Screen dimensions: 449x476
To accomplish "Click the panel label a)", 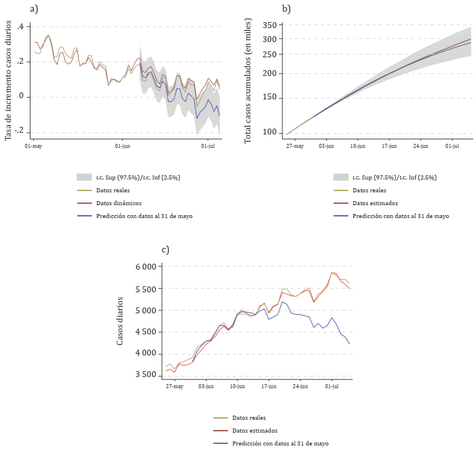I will click(x=33, y=9).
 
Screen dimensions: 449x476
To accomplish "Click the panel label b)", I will click(x=286, y=9).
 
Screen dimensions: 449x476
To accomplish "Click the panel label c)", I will click(x=165, y=250).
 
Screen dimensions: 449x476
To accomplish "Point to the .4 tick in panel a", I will click(x=20, y=27).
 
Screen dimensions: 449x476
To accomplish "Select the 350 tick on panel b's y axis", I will click(x=269, y=25).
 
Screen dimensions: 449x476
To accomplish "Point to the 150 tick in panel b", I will click(x=269, y=97).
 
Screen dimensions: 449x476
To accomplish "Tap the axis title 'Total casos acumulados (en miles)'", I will click(x=248, y=80).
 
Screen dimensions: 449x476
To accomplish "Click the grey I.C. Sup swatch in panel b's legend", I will click(x=342, y=177).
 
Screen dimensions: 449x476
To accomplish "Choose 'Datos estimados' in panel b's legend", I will click(x=374, y=203).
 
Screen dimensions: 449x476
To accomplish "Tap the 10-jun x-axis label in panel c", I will click(x=237, y=386).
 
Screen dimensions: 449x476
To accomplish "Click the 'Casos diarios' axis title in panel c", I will click(x=120, y=320).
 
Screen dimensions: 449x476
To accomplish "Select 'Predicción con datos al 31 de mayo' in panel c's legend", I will click(x=280, y=443).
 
